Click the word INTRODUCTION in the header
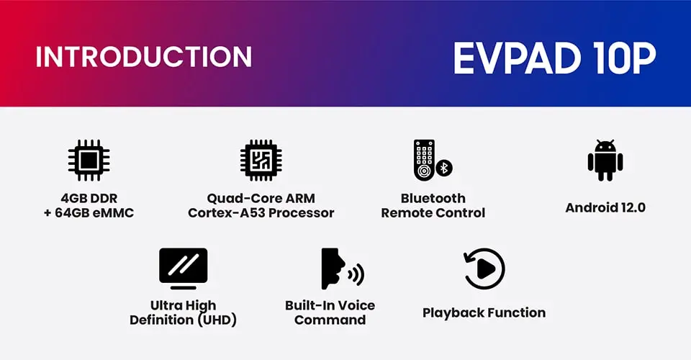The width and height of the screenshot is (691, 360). (x=144, y=56)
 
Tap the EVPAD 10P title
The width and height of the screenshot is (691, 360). (x=555, y=58)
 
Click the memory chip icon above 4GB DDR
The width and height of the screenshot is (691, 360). (x=89, y=161)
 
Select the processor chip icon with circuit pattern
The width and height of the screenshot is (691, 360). (x=261, y=161)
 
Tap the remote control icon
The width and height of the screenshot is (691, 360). (x=424, y=160)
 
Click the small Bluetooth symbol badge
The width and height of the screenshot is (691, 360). (x=444, y=168)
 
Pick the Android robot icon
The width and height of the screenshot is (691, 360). (x=605, y=161)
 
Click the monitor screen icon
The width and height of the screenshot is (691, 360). (x=184, y=269)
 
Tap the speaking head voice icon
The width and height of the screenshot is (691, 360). (x=343, y=269)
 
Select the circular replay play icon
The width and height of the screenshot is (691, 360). (x=484, y=269)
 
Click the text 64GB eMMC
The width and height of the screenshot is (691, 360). (x=94, y=213)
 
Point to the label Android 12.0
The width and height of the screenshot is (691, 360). (x=605, y=207)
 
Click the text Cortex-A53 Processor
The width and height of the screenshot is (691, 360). (x=261, y=213)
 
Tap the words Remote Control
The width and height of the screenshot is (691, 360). (x=433, y=213)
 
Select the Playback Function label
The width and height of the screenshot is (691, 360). (x=484, y=313)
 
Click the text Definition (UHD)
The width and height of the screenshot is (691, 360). (x=184, y=320)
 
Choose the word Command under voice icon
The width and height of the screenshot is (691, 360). (x=330, y=320)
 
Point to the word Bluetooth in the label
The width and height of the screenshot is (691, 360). (x=433, y=198)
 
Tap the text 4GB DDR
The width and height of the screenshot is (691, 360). (x=89, y=198)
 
